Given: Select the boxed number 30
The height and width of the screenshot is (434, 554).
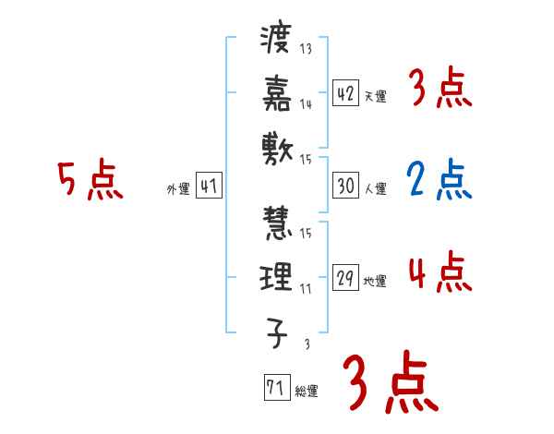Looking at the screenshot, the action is [346, 186].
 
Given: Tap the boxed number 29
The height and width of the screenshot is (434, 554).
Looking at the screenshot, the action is [346, 278].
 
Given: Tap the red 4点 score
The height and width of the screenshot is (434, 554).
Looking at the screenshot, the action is [440, 273].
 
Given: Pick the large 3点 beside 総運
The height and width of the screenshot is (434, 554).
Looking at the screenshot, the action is [391, 382].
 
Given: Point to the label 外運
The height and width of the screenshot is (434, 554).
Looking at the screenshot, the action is [178, 189].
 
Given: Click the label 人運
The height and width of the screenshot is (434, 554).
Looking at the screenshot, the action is [376, 189].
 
